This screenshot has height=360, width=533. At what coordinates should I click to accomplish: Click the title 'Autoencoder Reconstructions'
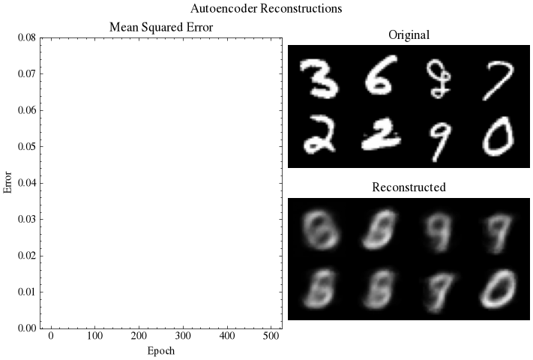(x=266, y=8)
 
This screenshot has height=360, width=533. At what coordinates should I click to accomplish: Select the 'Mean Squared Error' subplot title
(x=161, y=27)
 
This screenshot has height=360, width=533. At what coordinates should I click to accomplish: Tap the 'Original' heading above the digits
(x=409, y=35)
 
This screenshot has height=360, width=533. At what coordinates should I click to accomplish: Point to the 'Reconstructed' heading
(x=409, y=187)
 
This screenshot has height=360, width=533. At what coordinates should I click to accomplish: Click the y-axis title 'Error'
(x=7, y=182)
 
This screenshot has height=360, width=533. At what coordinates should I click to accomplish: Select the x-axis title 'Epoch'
(x=161, y=351)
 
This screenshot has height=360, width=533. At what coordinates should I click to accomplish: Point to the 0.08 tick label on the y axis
(x=27, y=37)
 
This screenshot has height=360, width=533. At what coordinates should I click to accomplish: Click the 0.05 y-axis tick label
(x=27, y=146)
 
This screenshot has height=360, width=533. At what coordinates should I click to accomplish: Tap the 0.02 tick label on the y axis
(x=27, y=256)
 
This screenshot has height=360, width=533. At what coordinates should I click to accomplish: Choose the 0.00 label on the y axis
(x=27, y=328)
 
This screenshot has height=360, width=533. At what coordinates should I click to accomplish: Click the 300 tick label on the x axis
(x=183, y=336)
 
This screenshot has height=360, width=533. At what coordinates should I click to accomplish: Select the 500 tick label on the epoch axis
(x=271, y=336)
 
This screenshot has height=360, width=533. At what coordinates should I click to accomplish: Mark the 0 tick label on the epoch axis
(x=51, y=336)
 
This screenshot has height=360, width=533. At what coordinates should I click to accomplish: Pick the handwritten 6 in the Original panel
(x=379, y=76)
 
